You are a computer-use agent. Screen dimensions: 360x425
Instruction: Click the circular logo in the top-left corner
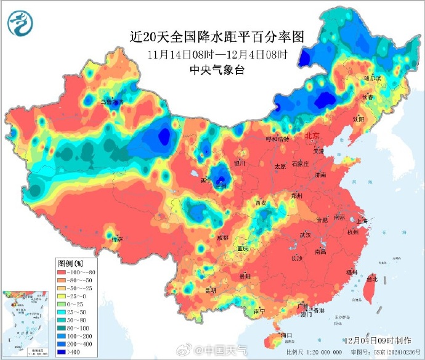[20, 23]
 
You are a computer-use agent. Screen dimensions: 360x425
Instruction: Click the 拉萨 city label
[117, 239]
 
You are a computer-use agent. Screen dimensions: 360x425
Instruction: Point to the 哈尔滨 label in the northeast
[373, 78]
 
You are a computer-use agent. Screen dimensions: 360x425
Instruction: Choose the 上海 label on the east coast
[362, 221]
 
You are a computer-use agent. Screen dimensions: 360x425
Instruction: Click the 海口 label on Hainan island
[286, 335]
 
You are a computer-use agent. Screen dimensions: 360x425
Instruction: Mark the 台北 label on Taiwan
[371, 279]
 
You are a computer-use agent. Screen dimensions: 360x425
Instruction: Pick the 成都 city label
[222, 237]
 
